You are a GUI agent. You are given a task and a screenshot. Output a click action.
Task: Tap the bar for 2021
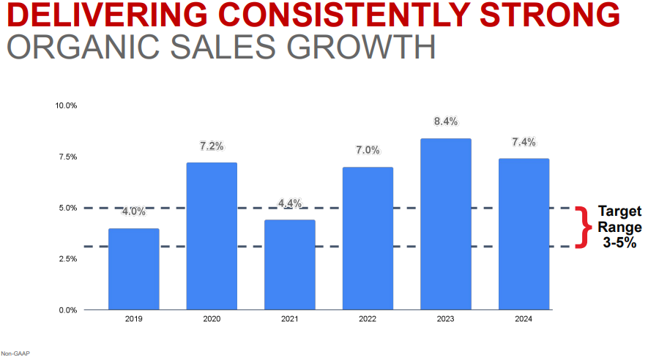(x=290, y=264)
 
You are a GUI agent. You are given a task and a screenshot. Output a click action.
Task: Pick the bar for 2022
(x=368, y=238)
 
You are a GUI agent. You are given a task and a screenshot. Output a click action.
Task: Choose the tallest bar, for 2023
(x=446, y=223)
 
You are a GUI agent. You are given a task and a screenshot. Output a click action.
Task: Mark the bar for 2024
(x=524, y=233)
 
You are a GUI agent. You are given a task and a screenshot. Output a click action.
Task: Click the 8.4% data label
(x=446, y=121)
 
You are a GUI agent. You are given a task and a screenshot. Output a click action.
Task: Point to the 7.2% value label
(x=212, y=146)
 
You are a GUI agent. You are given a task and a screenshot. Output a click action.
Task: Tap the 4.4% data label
(x=290, y=203)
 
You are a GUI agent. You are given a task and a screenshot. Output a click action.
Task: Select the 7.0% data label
(x=368, y=150)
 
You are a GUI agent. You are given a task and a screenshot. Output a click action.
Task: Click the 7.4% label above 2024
(x=524, y=142)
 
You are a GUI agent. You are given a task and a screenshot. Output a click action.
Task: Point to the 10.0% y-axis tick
(x=66, y=105)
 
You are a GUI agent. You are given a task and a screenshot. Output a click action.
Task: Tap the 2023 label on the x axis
(x=446, y=319)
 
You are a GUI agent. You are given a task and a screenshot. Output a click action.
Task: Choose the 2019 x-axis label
(x=133, y=319)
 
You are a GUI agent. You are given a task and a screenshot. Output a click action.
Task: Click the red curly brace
(x=584, y=227)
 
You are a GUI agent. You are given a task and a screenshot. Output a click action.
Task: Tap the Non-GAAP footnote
(x=15, y=353)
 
